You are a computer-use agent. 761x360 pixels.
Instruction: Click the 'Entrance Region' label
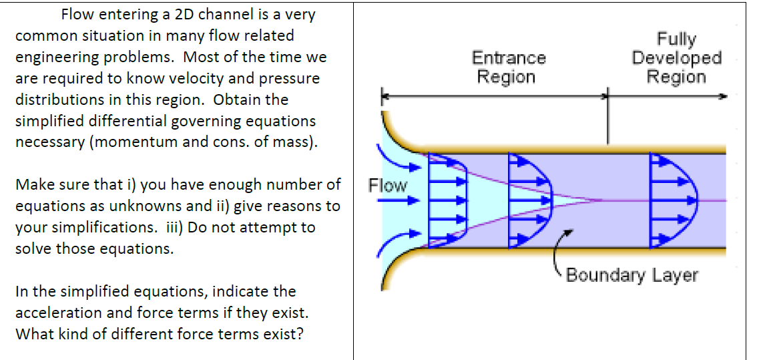coord(509,67)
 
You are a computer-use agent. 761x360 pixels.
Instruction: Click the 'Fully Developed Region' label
coord(676,58)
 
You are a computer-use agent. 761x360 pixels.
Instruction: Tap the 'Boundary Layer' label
coord(631,275)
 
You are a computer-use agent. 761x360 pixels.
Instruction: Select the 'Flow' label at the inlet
coord(387,185)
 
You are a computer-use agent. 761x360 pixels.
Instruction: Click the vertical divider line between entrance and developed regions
coord(607,120)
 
